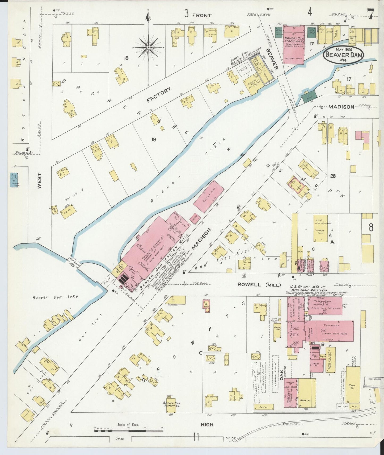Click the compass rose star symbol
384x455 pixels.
click(x=148, y=47)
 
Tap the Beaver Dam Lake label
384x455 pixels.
click(x=56, y=297)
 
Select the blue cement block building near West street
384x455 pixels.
click(x=14, y=180)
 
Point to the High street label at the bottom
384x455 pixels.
click(x=207, y=424)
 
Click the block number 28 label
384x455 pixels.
click(x=333, y=176)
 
